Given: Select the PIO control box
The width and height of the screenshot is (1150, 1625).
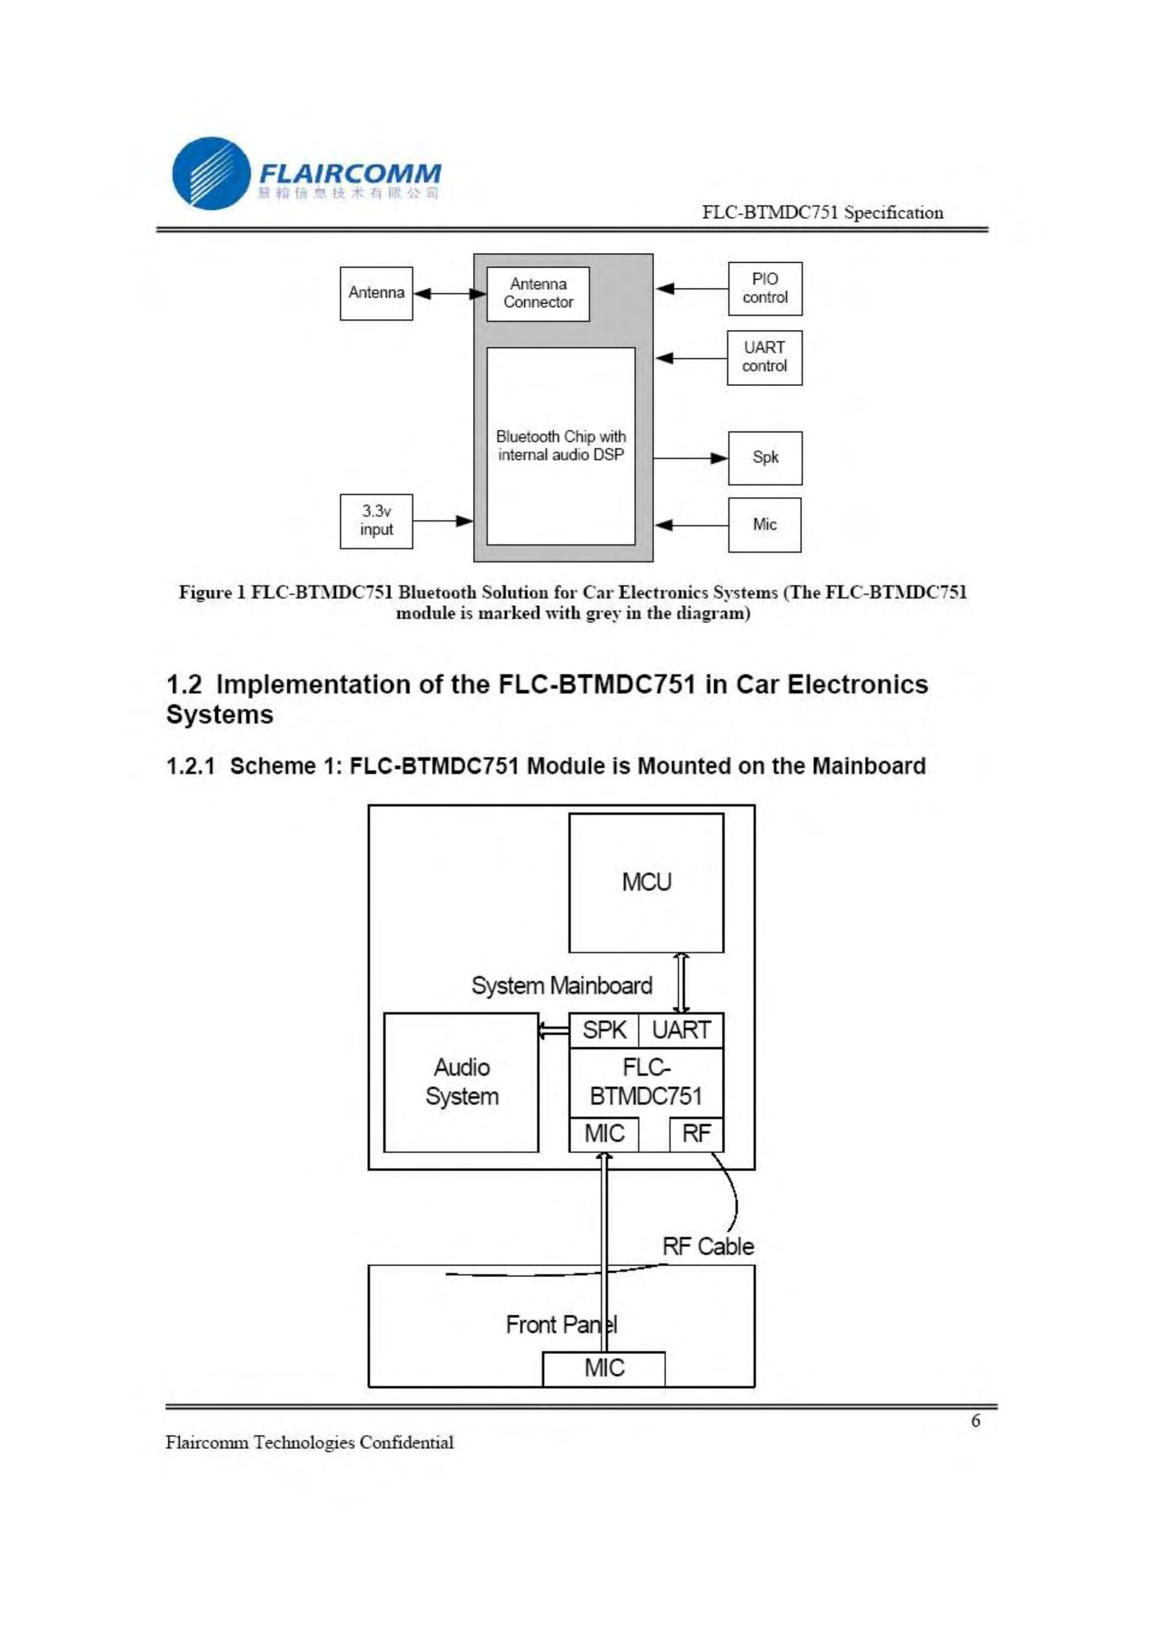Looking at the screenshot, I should (x=765, y=289).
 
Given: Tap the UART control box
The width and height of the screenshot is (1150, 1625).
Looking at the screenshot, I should (x=764, y=358).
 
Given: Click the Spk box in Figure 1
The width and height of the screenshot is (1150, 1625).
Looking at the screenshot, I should (x=765, y=458).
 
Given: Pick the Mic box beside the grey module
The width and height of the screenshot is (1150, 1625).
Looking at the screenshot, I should (x=764, y=525).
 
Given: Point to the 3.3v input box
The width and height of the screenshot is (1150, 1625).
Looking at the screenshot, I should (x=376, y=521).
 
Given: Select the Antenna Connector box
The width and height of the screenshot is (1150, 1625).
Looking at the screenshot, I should (x=538, y=294).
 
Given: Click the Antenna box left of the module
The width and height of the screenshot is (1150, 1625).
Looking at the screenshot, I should (x=376, y=293).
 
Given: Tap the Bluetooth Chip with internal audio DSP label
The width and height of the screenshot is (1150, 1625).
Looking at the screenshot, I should (x=561, y=445).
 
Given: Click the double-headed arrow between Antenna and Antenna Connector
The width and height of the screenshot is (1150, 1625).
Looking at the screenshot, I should (x=449, y=293).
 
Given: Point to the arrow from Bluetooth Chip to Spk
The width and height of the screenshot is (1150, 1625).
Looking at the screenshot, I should (x=690, y=458).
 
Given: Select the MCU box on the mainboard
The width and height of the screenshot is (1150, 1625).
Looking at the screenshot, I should (x=646, y=882).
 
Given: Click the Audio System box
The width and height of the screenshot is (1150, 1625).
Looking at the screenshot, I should (x=461, y=1082).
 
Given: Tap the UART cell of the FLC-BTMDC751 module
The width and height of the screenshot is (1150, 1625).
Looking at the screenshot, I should (x=681, y=1030).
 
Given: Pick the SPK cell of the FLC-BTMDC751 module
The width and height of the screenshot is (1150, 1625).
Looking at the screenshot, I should (x=604, y=1030).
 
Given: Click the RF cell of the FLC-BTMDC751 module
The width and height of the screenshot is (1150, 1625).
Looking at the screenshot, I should (x=696, y=1133).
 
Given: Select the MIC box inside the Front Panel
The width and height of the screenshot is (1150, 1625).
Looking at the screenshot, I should (x=604, y=1368).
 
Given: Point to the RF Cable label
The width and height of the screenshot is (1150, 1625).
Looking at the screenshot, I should (x=707, y=1246).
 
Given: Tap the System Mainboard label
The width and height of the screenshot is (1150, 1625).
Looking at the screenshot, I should (x=562, y=986).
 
